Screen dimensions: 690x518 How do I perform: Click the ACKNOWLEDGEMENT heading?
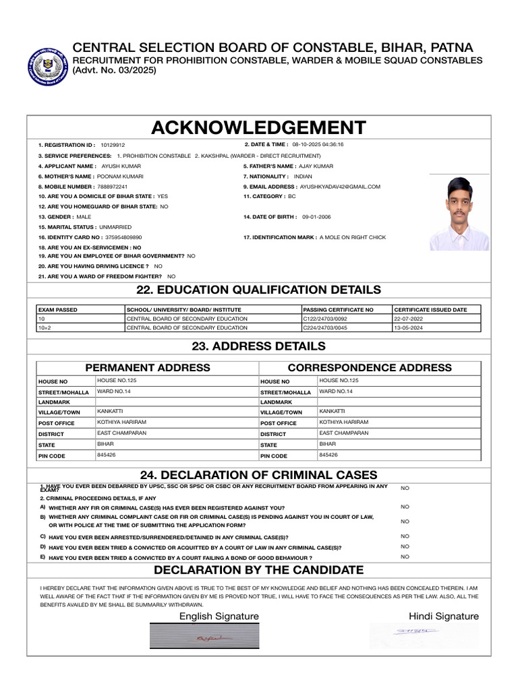tap(258, 127)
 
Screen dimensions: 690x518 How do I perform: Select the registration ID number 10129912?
tap(113, 145)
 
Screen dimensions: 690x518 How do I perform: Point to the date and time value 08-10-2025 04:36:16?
tap(318, 145)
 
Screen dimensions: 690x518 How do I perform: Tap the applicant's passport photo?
tap(459, 214)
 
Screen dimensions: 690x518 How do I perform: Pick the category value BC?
tap(292, 196)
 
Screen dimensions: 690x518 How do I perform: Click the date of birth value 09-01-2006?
tap(317, 217)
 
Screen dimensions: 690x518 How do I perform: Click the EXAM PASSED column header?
tap(58, 310)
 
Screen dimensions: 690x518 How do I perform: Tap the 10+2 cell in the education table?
tap(45, 327)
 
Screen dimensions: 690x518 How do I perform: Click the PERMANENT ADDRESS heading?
tap(147, 368)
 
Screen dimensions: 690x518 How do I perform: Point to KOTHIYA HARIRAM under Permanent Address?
tap(121, 422)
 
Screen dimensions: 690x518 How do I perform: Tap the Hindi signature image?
tap(424, 633)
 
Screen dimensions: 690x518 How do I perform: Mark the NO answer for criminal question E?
tap(405, 557)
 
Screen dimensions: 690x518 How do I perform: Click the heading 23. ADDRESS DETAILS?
tap(259, 346)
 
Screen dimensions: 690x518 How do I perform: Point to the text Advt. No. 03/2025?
tap(115, 70)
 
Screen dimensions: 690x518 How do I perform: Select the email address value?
tap(340, 187)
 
